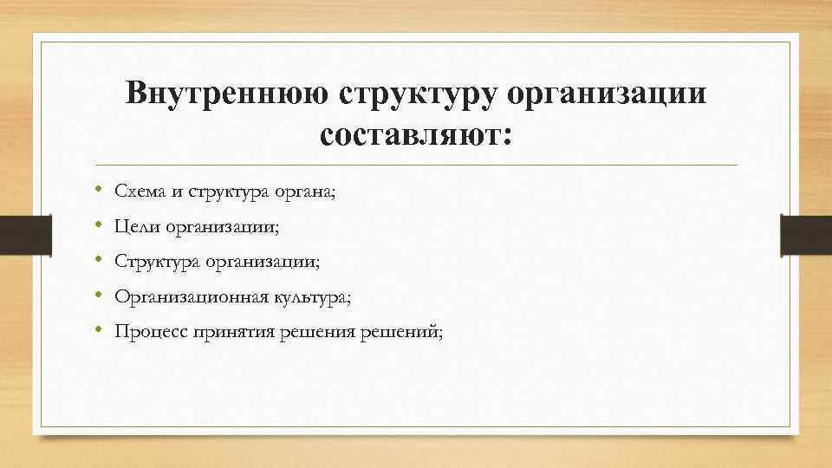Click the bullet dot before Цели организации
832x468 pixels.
pos(101,225)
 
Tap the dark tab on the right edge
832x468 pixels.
pos(806,234)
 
